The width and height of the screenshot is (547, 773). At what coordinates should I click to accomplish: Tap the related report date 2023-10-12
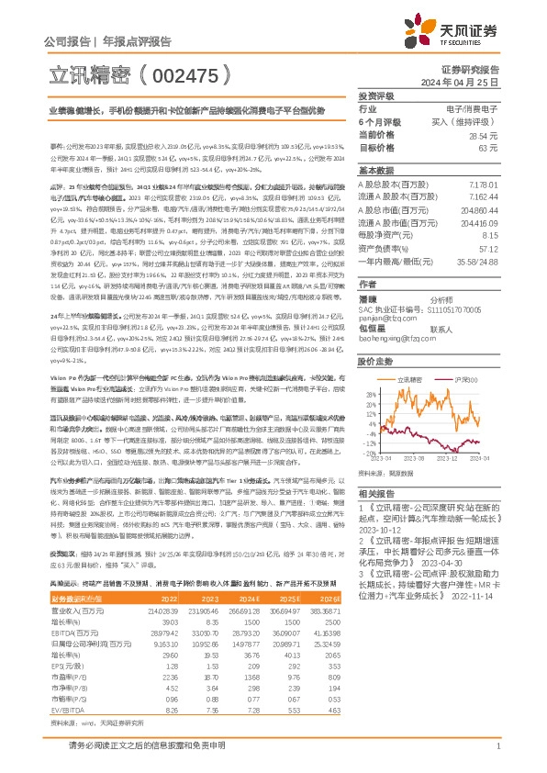tap(377, 529)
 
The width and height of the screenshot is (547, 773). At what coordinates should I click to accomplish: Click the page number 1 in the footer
tap(497, 747)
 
